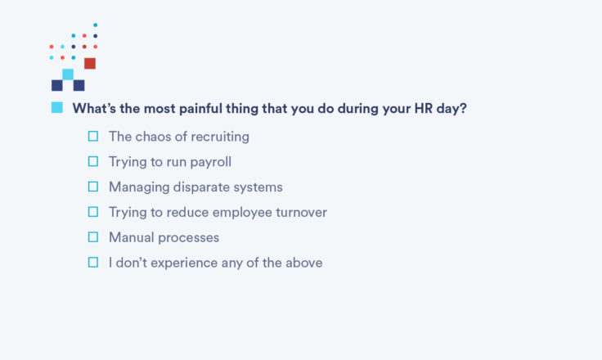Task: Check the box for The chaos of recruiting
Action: pyautogui.click(x=93, y=137)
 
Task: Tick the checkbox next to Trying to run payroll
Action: pyautogui.click(x=93, y=161)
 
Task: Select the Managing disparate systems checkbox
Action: pyautogui.click(x=93, y=187)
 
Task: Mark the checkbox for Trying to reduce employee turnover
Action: pyautogui.click(x=93, y=212)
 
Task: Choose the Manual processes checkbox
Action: pyautogui.click(x=93, y=237)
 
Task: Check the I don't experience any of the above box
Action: pyautogui.click(x=93, y=263)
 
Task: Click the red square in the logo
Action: pyautogui.click(x=90, y=63)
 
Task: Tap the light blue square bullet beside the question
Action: pyautogui.click(x=56, y=107)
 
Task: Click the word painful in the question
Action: pyautogui.click(x=200, y=109)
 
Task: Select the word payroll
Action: pyautogui.click(x=211, y=162)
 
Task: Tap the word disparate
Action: pyautogui.click(x=201, y=187)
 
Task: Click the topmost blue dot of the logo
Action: pyautogui.click(x=95, y=25)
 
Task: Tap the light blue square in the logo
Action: pyautogui.click(x=68, y=74)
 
